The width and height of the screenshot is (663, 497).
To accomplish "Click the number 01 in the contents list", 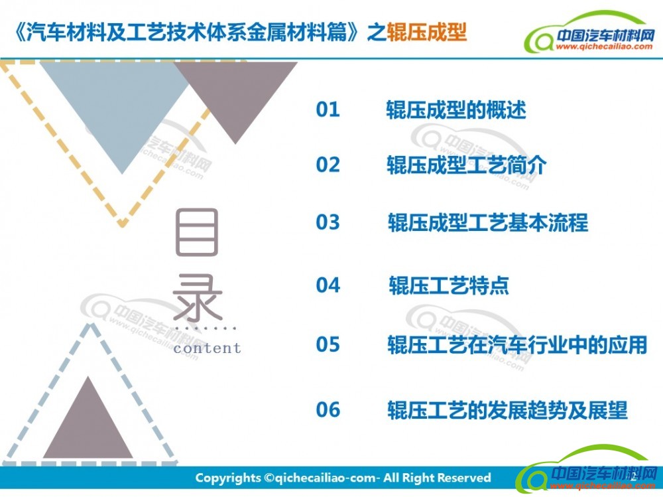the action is pos(328,109).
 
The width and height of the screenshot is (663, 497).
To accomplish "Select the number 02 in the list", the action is pos(328,165).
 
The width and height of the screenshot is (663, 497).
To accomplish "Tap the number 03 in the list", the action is pos(328,222).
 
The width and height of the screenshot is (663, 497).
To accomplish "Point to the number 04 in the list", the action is pos(328,285).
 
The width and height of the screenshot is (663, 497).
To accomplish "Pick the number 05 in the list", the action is pos(328,344).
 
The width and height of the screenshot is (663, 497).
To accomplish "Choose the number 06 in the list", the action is pos(328,410).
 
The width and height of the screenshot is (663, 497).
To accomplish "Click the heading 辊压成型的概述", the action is pos(456,110).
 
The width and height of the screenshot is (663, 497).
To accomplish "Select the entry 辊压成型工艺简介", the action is pos(466,165).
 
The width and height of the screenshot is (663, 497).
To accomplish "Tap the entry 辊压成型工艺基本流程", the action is pos(488,223).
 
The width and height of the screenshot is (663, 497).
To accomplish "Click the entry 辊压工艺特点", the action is pos(449,285).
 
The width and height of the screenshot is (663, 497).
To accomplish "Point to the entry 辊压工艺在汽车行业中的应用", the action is pos(518,344).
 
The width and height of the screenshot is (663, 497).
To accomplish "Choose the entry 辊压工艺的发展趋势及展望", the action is pos(507,410).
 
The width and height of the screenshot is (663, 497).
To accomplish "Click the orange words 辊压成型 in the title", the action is pos(426,32).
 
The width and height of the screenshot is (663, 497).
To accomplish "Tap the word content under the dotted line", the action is pos(207,348).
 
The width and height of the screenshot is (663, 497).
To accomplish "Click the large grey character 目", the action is pos(197,232).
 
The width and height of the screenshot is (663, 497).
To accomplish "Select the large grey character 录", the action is pos(198,298).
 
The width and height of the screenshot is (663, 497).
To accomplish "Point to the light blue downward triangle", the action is pos(121,106).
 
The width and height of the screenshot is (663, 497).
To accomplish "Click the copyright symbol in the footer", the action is pos(269,478).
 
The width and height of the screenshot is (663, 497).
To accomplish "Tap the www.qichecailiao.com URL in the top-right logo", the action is pos(604,46).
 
